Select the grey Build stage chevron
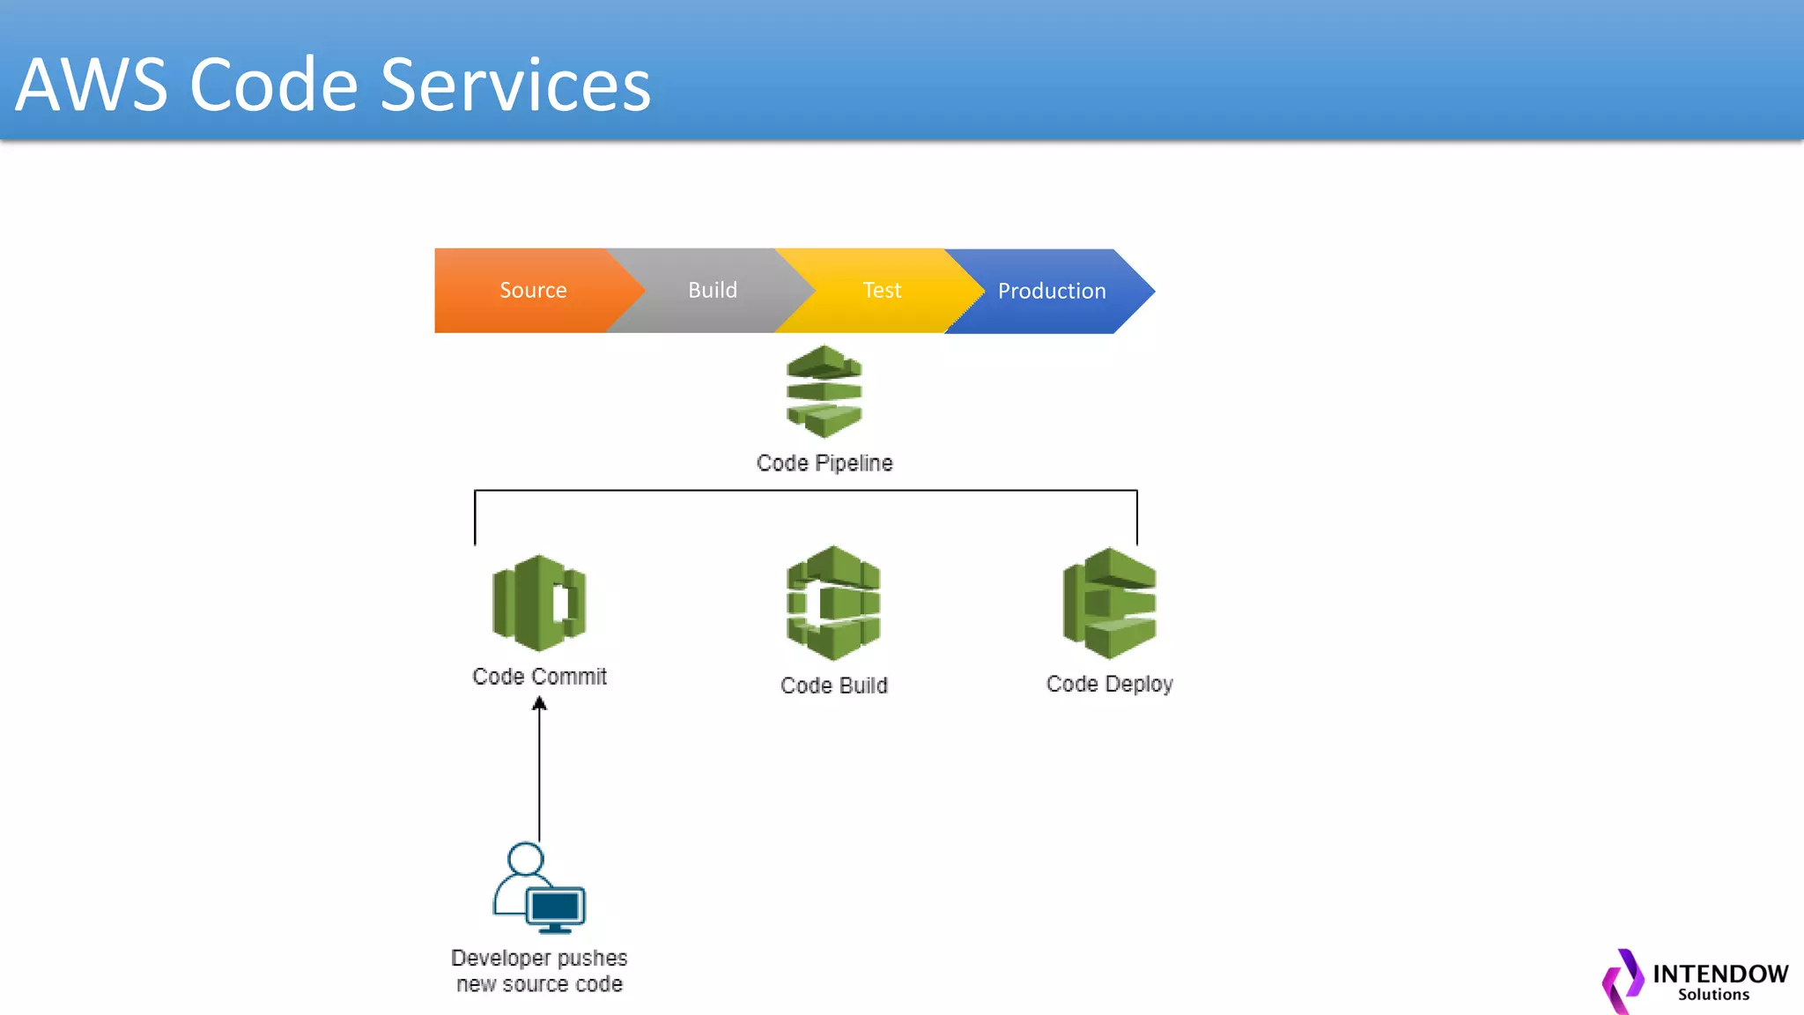click(x=712, y=291)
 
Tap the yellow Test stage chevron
click(x=881, y=291)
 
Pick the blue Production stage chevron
click(x=1051, y=292)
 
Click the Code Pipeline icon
click(x=824, y=391)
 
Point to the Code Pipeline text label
click(x=824, y=463)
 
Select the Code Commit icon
click(x=539, y=604)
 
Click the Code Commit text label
click(x=539, y=677)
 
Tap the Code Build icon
click(x=833, y=604)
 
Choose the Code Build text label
click(x=833, y=685)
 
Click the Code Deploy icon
click(x=1110, y=604)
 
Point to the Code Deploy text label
click(x=1109, y=684)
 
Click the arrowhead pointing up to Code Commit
click(x=539, y=704)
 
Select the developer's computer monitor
click(x=555, y=908)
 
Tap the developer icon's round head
click(x=525, y=859)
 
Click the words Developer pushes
click(x=539, y=958)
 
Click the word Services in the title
click(x=515, y=85)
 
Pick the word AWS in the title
click(x=92, y=85)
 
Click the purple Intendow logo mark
click(x=1623, y=980)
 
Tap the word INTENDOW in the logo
click(x=1719, y=974)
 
